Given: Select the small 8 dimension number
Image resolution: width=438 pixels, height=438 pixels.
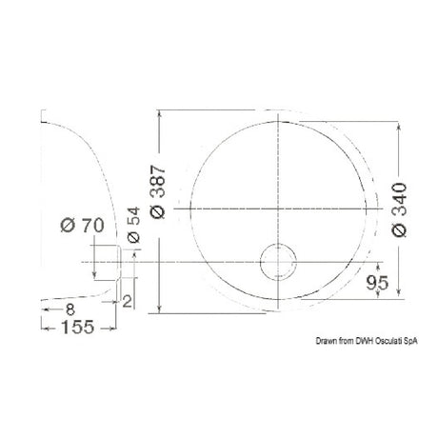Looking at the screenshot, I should (x=70, y=309).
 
